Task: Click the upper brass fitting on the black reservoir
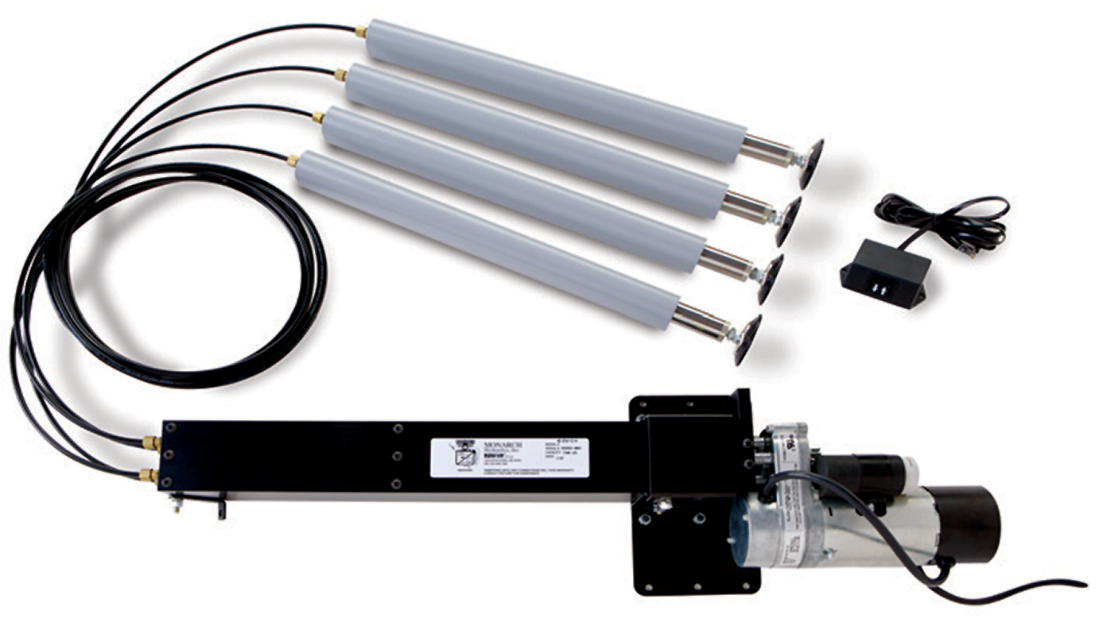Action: point(150,439)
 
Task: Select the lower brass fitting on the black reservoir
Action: point(147,475)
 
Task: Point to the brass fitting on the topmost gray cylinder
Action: point(361,31)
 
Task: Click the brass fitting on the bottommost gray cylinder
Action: point(292,161)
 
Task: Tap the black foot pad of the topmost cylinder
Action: point(811,163)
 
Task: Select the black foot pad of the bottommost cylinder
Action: point(748,339)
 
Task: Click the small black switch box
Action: point(885,277)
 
